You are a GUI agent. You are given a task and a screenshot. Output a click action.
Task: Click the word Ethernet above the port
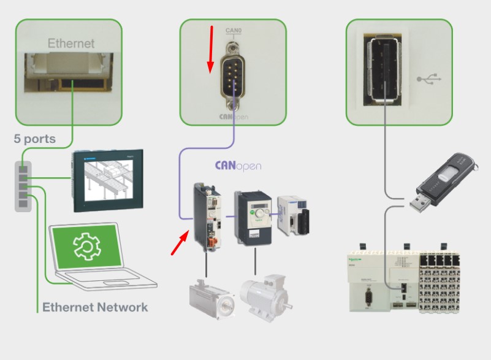click(x=71, y=44)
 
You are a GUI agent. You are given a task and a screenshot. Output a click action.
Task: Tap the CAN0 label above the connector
click(x=233, y=29)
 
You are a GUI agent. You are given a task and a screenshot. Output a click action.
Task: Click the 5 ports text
click(x=35, y=139)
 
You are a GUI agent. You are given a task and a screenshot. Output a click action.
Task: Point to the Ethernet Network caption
click(x=95, y=307)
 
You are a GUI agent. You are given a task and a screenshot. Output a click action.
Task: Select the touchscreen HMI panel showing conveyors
click(x=107, y=181)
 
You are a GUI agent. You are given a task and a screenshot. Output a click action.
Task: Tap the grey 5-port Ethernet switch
click(x=23, y=184)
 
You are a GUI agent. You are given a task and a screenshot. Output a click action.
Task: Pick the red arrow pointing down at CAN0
click(x=211, y=49)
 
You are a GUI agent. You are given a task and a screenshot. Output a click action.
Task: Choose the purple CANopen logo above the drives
click(x=238, y=165)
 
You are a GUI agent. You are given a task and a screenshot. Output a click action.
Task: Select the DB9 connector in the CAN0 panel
click(x=233, y=75)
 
